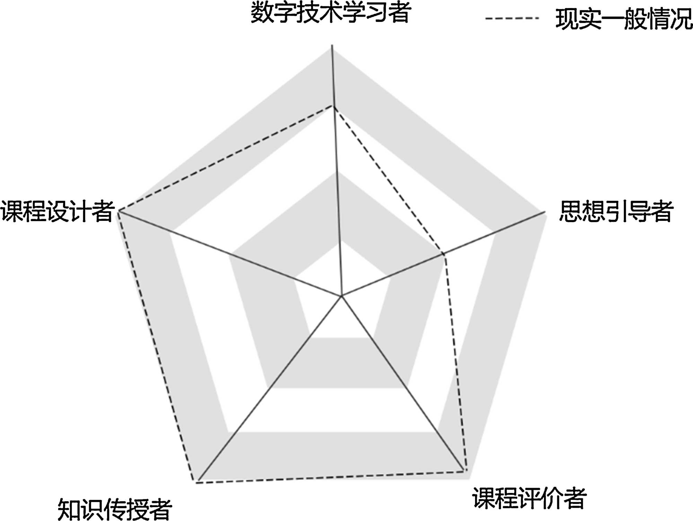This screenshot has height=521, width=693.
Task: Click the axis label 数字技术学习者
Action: (331, 12)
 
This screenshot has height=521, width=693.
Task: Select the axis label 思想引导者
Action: (616, 211)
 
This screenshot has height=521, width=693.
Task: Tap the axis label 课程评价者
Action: (529, 498)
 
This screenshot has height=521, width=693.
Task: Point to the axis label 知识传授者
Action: (115, 509)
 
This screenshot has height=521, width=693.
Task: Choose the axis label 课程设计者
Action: (58, 211)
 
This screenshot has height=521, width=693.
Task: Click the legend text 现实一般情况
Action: (624, 19)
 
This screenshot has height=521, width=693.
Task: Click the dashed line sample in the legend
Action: (512, 18)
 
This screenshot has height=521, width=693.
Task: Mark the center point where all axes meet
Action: (341, 296)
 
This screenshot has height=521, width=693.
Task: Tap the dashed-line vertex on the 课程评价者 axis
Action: (466, 471)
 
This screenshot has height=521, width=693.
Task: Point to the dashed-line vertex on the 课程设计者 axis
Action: (119, 210)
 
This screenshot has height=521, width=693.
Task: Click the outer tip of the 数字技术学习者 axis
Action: (332, 45)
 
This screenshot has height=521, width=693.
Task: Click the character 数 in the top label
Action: (262, 12)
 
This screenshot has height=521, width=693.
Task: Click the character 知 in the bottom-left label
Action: (69, 509)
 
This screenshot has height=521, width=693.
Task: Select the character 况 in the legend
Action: (681, 19)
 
